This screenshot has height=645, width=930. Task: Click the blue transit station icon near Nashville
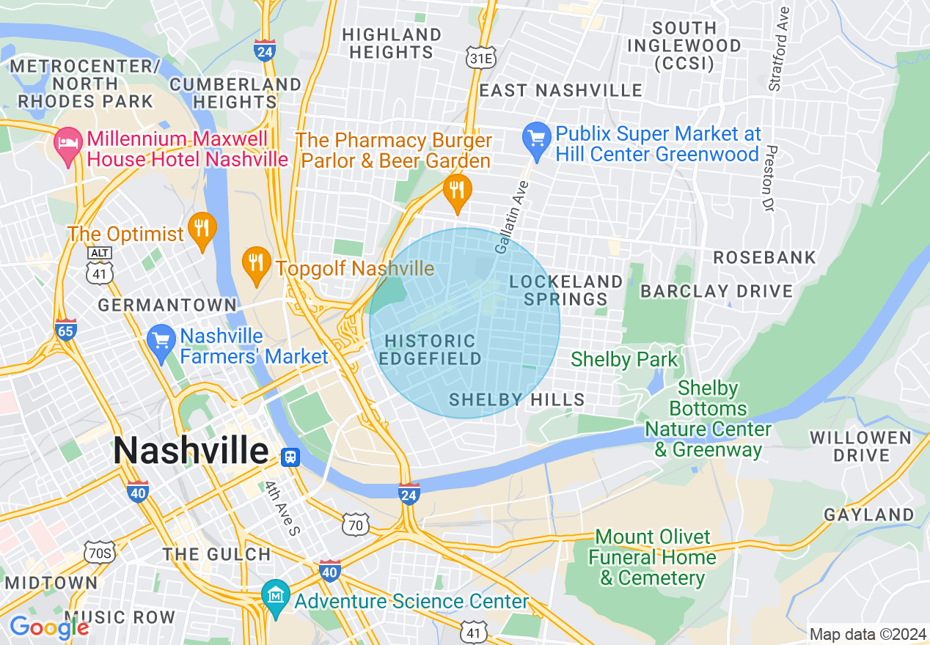point(290,457)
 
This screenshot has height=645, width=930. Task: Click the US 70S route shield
point(98,552)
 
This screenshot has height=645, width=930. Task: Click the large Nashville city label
point(191,450)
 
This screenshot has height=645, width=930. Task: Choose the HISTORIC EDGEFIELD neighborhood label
point(430,350)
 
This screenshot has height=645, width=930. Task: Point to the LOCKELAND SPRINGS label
point(565,290)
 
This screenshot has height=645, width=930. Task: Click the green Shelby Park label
point(624,359)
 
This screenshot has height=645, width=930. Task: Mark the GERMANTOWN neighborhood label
point(167,305)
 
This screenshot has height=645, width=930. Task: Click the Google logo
point(48,627)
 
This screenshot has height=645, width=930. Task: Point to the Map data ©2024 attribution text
point(866,634)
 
